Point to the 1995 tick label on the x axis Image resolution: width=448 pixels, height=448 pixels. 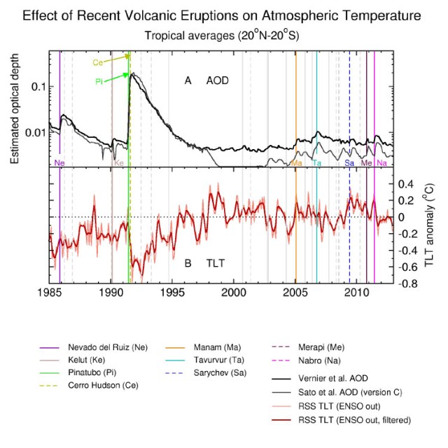click(173, 291)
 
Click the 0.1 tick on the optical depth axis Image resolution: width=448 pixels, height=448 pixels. click(35, 86)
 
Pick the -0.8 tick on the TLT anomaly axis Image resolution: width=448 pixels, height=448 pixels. click(410, 283)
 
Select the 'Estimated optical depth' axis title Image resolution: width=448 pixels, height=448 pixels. click(15, 106)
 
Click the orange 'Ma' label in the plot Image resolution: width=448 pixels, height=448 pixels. click(296, 162)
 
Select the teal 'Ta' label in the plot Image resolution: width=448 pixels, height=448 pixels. click(317, 162)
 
